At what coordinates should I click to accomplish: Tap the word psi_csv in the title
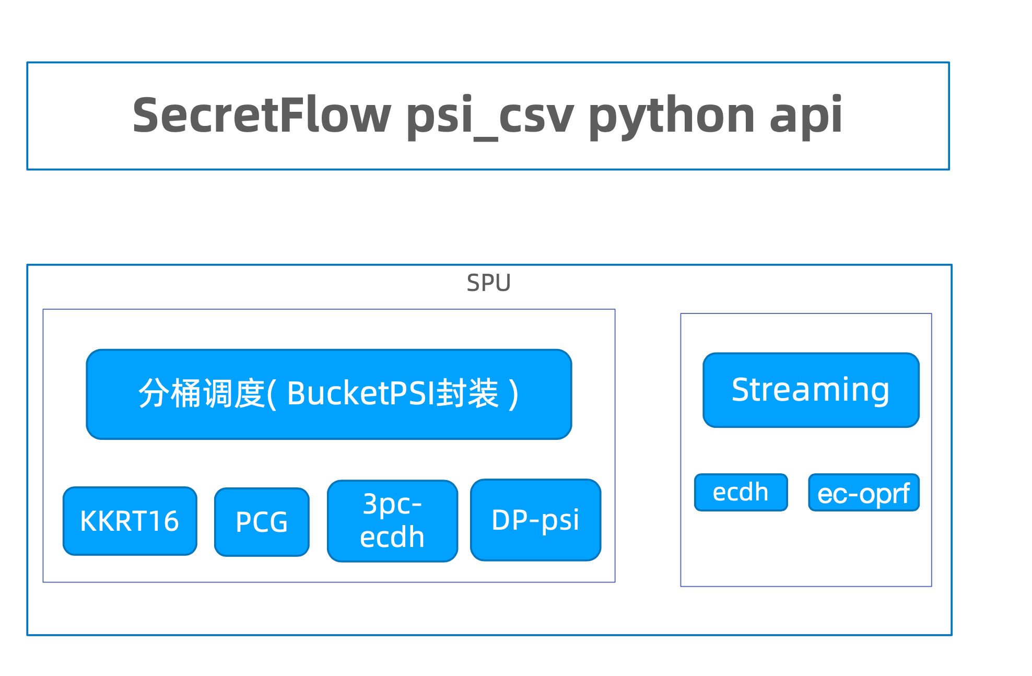pyautogui.click(x=489, y=116)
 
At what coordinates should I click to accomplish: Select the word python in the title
pyautogui.click(x=672, y=116)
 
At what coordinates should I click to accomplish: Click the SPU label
pyautogui.click(x=488, y=283)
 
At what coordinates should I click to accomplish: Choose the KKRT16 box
pyautogui.click(x=130, y=521)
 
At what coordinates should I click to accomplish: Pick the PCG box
pyautogui.click(x=262, y=522)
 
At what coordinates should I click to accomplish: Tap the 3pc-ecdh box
pyautogui.click(x=392, y=521)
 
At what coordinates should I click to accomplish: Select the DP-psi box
pyautogui.click(x=535, y=520)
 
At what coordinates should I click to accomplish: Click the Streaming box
pyautogui.click(x=811, y=390)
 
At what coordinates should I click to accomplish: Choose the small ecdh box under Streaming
pyautogui.click(x=741, y=492)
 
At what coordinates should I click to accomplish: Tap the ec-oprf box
pyautogui.click(x=863, y=493)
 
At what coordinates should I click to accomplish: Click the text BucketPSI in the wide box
pyautogui.click(x=361, y=393)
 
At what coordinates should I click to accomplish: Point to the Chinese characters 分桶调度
pyautogui.click(x=201, y=393)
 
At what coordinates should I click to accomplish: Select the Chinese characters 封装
pyautogui.click(x=467, y=393)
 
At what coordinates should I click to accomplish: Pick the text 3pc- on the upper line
pyautogui.click(x=392, y=504)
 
